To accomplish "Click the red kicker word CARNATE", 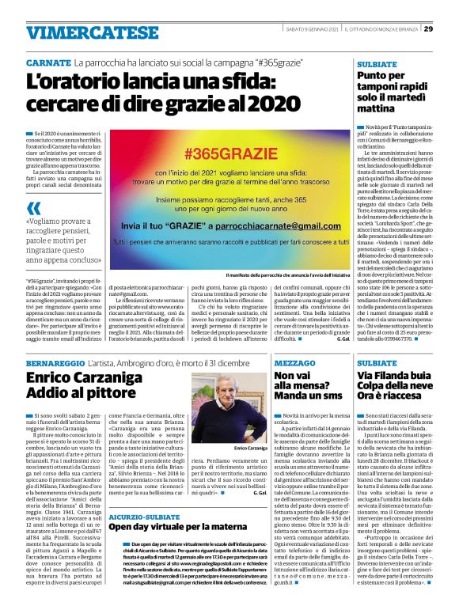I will (x=48, y=61).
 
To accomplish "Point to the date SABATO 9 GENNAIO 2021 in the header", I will (x=313, y=29).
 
